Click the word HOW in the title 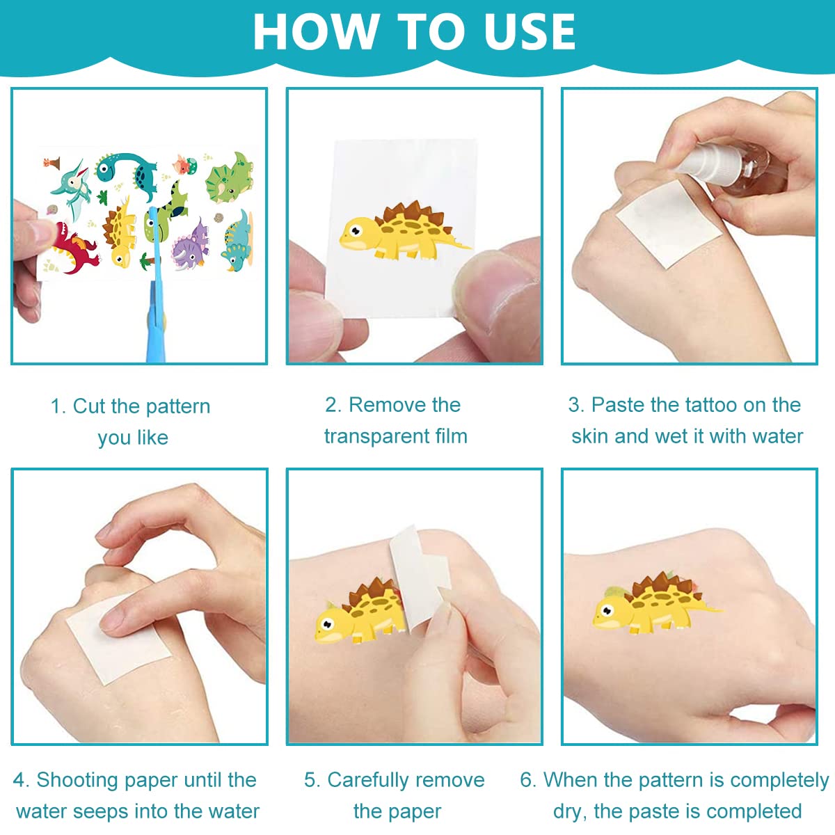315,31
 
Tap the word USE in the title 530,31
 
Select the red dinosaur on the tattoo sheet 77,249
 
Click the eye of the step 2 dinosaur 356,230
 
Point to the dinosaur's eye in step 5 328,624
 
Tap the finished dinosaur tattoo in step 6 654,605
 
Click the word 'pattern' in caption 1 178,406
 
